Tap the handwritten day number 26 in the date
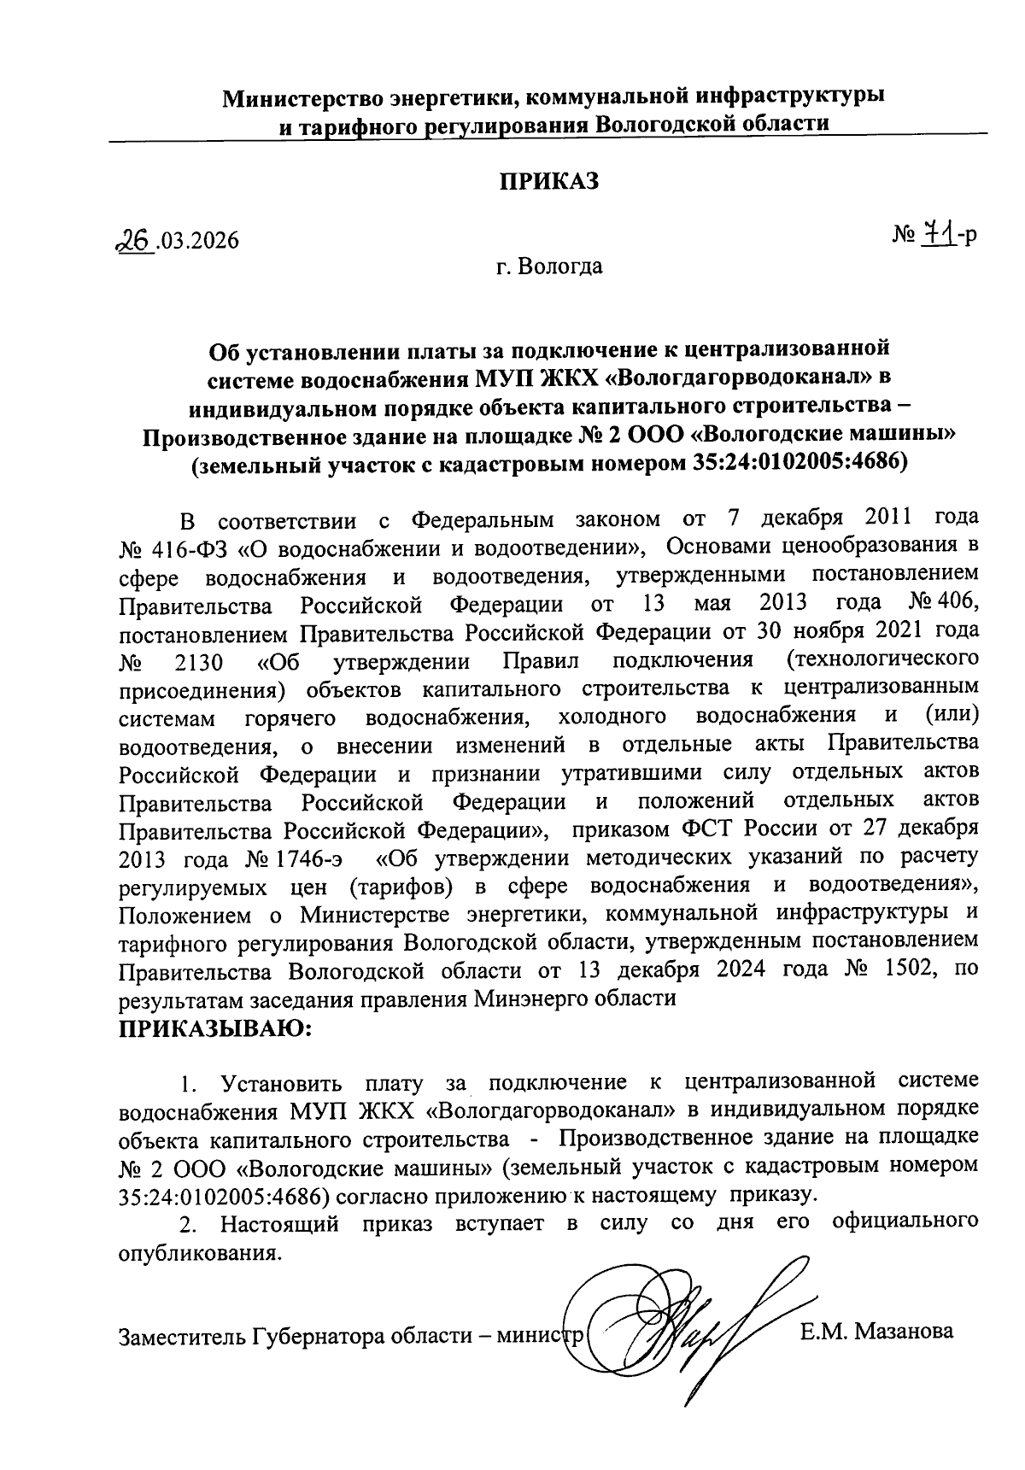click(138, 241)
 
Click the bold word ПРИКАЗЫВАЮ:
click(216, 1028)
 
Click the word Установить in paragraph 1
click(281, 1084)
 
